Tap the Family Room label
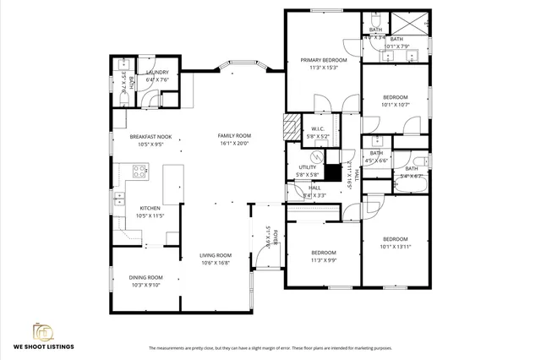click(x=234, y=136)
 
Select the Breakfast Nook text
click(x=150, y=136)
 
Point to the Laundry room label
click(x=157, y=73)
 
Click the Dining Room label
click(x=145, y=277)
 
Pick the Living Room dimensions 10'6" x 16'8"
click(x=216, y=263)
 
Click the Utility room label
click(x=307, y=167)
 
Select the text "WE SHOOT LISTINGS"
click(x=43, y=347)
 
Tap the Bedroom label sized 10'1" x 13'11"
click(x=394, y=239)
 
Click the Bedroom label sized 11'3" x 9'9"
click(x=323, y=253)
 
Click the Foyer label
click(x=264, y=236)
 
